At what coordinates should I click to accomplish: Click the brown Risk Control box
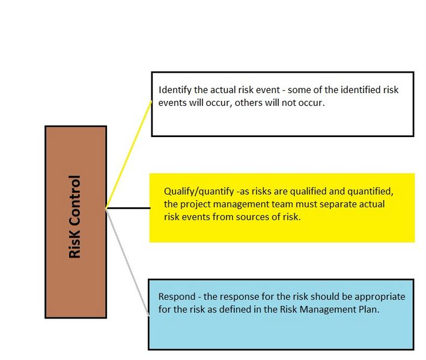click(76, 222)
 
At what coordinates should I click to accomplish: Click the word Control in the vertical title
click(75, 201)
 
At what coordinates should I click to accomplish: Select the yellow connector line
click(129, 154)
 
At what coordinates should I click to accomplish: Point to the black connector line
click(128, 208)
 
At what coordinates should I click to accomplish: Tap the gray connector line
click(127, 263)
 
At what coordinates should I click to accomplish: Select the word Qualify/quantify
click(199, 192)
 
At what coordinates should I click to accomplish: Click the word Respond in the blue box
click(177, 297)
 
